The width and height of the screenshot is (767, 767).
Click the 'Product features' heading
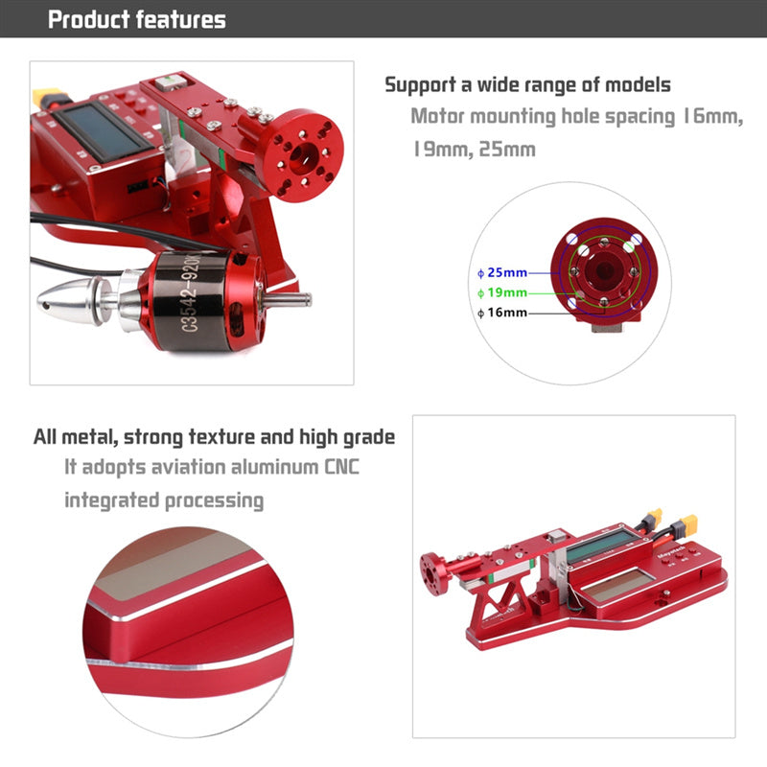(x=137, y=19)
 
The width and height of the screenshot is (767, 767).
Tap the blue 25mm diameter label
(x=502, y=272)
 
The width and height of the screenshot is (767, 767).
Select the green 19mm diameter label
(x=502, y=292)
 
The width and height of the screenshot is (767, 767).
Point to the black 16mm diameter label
(x=502, y=313)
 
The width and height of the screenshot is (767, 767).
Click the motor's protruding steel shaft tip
(x=306, y=298)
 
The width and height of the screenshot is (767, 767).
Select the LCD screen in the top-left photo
(x=104, y=132)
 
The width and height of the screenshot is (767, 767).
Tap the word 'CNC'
(x=342, y=467)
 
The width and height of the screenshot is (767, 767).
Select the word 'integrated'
(x=111, y=500)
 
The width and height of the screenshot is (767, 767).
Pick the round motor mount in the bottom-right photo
(x=433, y=573)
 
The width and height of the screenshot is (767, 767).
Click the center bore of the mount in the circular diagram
(x=604, y=270)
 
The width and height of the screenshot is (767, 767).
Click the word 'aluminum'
(x=274, y=467)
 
